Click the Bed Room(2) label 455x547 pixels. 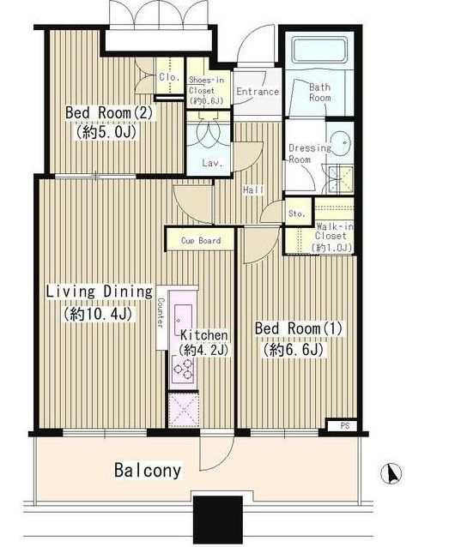coord(109,113)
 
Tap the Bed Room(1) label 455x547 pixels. coord(299,328)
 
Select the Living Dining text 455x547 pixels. coord(100,292)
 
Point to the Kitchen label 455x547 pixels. coord(204,335)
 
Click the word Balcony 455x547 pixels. coord(148,470)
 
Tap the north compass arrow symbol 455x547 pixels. coord(391,473)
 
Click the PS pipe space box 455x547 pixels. coord(344,426)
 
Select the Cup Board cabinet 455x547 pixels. coord(200,240)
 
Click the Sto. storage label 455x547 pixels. coord(297,213)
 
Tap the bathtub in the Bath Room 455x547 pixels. coord(320,51)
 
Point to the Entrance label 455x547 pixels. coord(258,92)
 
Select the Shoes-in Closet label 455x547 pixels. coord(206,85)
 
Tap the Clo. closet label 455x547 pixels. coord(169,77)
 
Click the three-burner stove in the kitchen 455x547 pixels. coord(184,370)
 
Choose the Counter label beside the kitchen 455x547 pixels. coord(161,311)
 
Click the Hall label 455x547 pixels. coord(253,190)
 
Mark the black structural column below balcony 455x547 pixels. coord(218,520)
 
